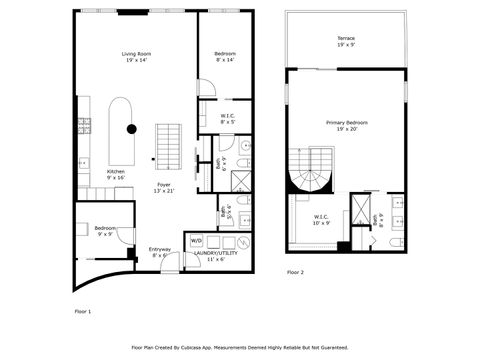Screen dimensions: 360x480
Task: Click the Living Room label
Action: [x=135, y=57]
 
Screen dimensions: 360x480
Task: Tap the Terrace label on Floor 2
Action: [x=345, y=42]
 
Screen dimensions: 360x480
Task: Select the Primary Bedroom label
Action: [x=345, y=126]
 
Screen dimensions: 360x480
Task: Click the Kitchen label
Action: [x=116, y=174]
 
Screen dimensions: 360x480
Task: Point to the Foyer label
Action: [x=162, y=187]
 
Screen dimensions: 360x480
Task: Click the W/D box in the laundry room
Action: [x=195, y=241]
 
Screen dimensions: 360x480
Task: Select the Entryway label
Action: [x=160, y=253]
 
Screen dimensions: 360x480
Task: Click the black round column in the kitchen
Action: [x=131, y=128]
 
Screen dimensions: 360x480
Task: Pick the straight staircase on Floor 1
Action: [x=169, y=148]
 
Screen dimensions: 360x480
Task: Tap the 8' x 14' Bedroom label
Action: [x=224, y=57]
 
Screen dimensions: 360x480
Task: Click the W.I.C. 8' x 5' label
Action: [x=228, y=118]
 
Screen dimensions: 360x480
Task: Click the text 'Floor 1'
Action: [x=84, y=312]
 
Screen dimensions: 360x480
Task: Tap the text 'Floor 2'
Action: [x=296, y=272]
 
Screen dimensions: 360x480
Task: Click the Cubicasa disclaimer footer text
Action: [x=240, y=347]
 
